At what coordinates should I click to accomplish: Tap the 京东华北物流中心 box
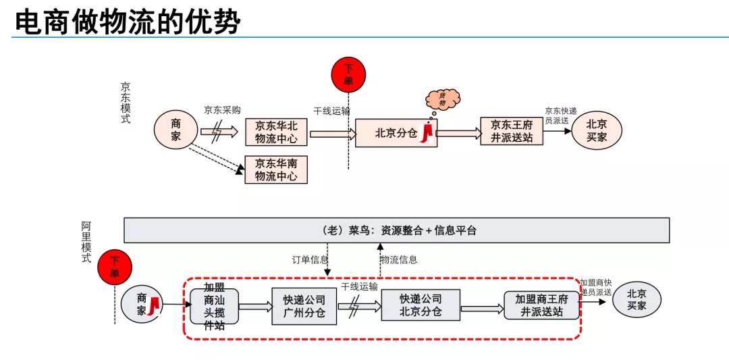pyautogui.click(x=276, y=132)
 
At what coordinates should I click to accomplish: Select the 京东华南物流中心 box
pyautogui.click(x=276, y=170)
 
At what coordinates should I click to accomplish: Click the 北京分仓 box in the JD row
pyautogui.click(x=396, y=133)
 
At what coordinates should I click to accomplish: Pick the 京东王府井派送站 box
pyautogui.click(x=512, y=131)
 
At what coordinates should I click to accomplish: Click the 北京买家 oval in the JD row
pyautogui.click(x=596, y=130)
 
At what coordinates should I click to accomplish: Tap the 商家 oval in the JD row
pyautogui.click(x=176, y=130)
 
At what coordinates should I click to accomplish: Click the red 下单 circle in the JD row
pyautogui.click(x=348, y=74)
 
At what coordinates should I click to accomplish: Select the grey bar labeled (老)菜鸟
pyautogui.click(x=397, y=230)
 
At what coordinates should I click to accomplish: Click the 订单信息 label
pyautogui.click(x=310, y=259)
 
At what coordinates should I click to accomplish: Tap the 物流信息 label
pyautogui.click(x=399, y=259)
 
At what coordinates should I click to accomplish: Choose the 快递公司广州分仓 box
pyautogui.click(x=304, y=306)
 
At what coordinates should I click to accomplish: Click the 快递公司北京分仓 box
pyautogui.click(x=421, y=305)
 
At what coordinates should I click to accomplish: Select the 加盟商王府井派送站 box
pyautogui.click(x=542, y=305)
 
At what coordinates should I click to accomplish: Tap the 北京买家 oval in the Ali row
pyautogui.click(x=637, y=300)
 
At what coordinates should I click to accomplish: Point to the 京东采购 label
pyautogui.click(x=222, y=110)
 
